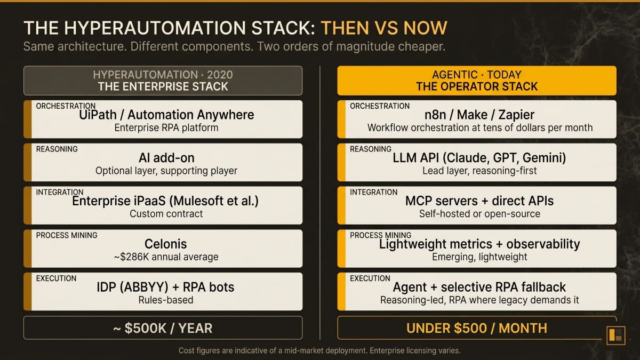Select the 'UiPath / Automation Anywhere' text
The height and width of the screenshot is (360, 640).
[x=166, y=115]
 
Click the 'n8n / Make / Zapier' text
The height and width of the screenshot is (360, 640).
[x=479, y=115]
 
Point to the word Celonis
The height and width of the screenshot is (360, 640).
[x=166, y=244]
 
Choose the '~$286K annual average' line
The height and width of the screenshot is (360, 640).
[x=166, y=257]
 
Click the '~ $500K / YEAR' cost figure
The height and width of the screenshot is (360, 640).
[x=163, y=328]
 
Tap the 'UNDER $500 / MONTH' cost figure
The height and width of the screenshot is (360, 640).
[x=476, y=328]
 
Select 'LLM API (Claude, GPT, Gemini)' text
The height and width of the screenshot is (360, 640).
[x=479, y=158]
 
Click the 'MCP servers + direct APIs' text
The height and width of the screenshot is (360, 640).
[x=479, y=201]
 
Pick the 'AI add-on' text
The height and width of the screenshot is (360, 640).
[x=166, y=158]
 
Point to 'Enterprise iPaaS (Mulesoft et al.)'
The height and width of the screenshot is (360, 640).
[x=166, y=201]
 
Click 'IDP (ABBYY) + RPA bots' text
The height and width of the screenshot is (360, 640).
[x=166, y=287]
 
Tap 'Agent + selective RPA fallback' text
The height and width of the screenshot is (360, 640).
[x=479, y=287]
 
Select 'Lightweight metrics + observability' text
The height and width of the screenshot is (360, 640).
[x=479, y=244]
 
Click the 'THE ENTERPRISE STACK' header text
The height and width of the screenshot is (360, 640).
[x=163, y=86]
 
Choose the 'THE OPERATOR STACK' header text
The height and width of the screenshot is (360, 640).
[x=476, y=86]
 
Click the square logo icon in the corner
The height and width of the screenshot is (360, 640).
[x=616, y=335]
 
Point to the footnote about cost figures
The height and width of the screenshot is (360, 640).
[x=319, y=351]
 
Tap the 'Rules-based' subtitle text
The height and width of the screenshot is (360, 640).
[x=166, y=300]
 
